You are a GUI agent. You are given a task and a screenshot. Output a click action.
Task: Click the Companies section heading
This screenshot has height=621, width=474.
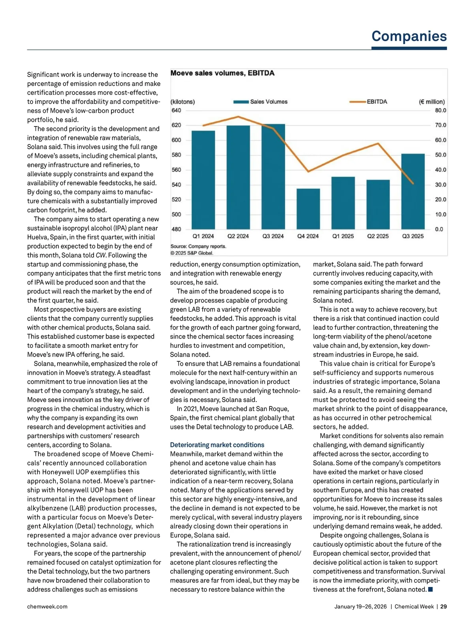[x=409, y=36]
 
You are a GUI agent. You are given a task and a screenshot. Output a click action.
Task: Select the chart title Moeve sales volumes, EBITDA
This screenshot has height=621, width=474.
[x=222, y=73]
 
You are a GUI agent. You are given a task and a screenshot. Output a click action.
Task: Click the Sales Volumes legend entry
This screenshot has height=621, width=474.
[x=261, y=102]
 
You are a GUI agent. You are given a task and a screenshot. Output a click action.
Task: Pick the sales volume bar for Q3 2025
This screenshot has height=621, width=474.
[x=413, y=191]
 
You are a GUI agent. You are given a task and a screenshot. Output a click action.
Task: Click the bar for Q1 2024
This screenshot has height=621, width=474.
[x=203, y=180]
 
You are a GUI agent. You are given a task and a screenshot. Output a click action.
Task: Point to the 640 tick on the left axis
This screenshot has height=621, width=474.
[x=176, y=110]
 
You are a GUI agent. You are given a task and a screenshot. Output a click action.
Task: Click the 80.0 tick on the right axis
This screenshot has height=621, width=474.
[x=440, y=110]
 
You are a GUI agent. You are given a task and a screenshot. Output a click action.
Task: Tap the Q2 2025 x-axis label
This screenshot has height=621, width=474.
[x=378, y=236]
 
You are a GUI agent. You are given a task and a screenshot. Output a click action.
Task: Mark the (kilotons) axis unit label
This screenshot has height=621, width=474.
[x=182, y=102]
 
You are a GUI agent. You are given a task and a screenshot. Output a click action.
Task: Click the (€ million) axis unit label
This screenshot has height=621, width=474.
[x=432, y=102]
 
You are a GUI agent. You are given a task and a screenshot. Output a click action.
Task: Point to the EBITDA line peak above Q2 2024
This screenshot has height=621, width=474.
[x=238, y=117]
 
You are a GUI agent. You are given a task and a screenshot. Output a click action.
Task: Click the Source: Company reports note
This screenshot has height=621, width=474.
[x=198, y=246]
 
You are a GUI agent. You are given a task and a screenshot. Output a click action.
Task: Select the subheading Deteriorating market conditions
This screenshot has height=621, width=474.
[x=217, y=445]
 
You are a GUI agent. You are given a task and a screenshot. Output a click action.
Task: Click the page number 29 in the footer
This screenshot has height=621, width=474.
[x=444, y=606]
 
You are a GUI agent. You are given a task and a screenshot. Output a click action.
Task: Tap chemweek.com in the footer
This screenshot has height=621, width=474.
[x=47, y=606]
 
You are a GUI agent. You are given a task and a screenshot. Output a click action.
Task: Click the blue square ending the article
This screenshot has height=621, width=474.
[x=431, y=589]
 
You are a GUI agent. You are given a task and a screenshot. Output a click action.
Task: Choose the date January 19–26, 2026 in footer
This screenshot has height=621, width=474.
[x=360, y=606]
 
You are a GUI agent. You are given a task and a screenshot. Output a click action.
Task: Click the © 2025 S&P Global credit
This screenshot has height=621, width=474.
[x=192, y=253]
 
